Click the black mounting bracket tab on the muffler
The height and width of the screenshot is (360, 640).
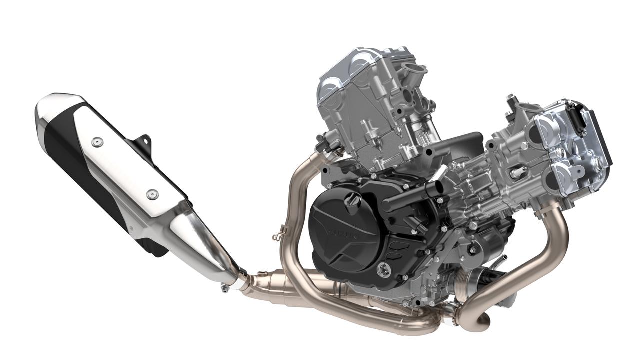145,141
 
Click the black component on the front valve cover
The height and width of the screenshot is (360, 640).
580,120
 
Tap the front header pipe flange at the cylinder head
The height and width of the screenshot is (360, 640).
547,209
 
